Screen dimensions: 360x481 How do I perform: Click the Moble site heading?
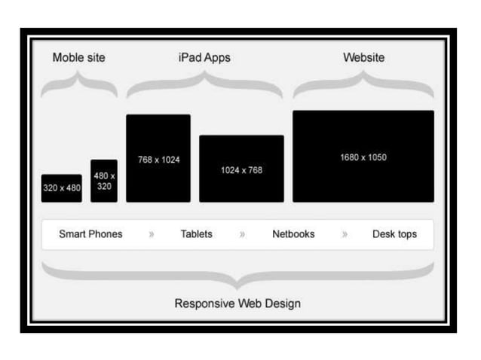click(x=79, y=58)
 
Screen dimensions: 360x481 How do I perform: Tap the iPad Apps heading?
click(x=204, y=58)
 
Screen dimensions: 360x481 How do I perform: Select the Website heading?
click(x=363, y=58)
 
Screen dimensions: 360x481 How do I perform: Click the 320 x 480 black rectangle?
click(x=62, y=188)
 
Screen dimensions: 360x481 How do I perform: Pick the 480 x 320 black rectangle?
click(x=104, y=181)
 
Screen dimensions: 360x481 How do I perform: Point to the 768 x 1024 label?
click(x=158, y=160)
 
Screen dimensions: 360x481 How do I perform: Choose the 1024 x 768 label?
click(x=241, y=170)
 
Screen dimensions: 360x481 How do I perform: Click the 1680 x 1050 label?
click(x=363, y=157)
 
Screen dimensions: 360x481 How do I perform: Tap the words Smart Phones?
click(x=90, y=234)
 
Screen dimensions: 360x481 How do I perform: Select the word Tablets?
click(x=197, y=234)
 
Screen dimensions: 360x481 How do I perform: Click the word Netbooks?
click(x=293, y=234)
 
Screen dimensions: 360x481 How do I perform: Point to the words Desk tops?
click(x=394, y=234)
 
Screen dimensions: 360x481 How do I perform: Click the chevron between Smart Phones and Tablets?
click(x=152, y=235)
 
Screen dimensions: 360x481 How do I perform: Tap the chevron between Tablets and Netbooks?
click(x=242, y=235)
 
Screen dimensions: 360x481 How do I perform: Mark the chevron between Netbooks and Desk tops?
click(x=345, y=235)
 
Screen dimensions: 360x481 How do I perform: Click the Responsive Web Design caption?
click(x=237, y=304)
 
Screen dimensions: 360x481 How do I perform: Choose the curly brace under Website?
click(x=363, y=87)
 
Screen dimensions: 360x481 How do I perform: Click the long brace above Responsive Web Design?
click(x=237, y=276)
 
